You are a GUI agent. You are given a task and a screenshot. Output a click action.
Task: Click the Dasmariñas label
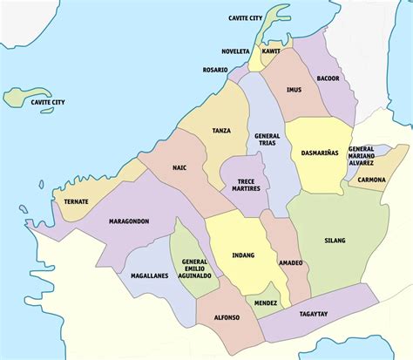(x=320, y=153)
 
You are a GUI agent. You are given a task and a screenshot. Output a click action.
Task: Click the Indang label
(x=243, y=255)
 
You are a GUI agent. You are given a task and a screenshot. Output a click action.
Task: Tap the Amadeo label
(x=291, y=262)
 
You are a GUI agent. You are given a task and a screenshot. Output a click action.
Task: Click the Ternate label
(x=76, y=202)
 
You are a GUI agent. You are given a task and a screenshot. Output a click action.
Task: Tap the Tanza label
(x=222, y=131)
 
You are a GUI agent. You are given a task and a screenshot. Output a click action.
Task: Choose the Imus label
(x=295, y=90)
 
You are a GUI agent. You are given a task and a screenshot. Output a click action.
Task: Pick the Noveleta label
(x=235, y=51)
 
